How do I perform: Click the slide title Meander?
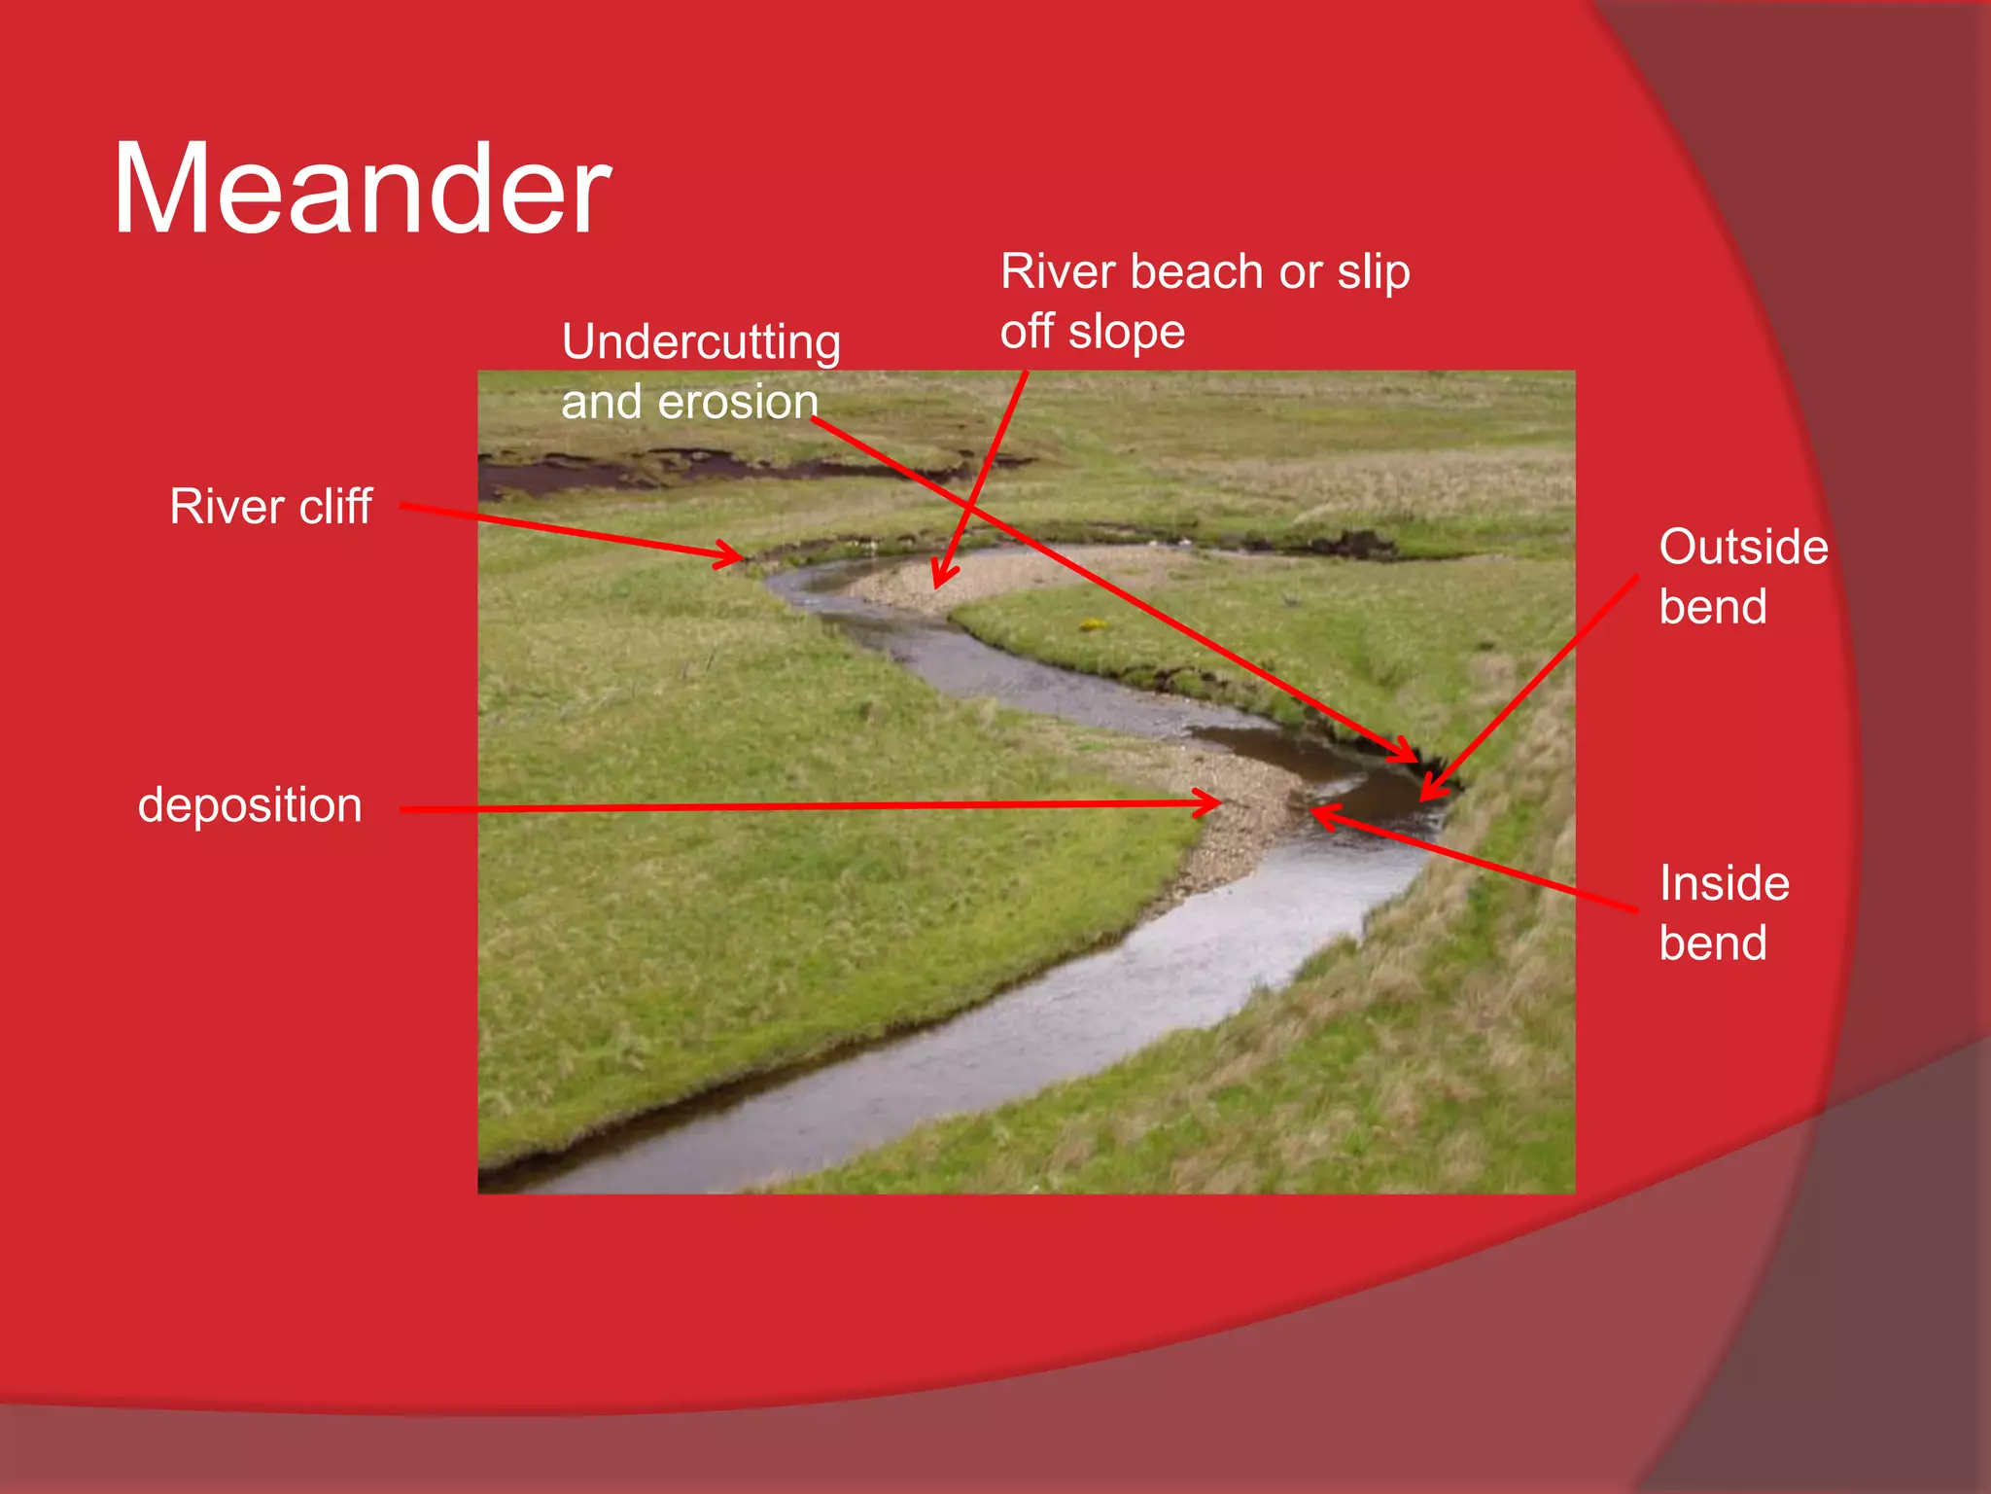tap(362, 190)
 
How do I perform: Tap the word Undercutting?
tap(701, 342)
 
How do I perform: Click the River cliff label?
tap(270, 507)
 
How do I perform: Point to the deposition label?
tap(250, 805)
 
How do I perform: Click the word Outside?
tap(1743, 547)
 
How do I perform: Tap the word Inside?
tap(1724, 883)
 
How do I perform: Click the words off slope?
tap(1093, 332)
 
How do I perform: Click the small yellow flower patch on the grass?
tap(1093, 624)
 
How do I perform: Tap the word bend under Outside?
tap(1713, 607)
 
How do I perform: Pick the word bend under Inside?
tap(1713, 943)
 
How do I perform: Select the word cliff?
tap(334, 507)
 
